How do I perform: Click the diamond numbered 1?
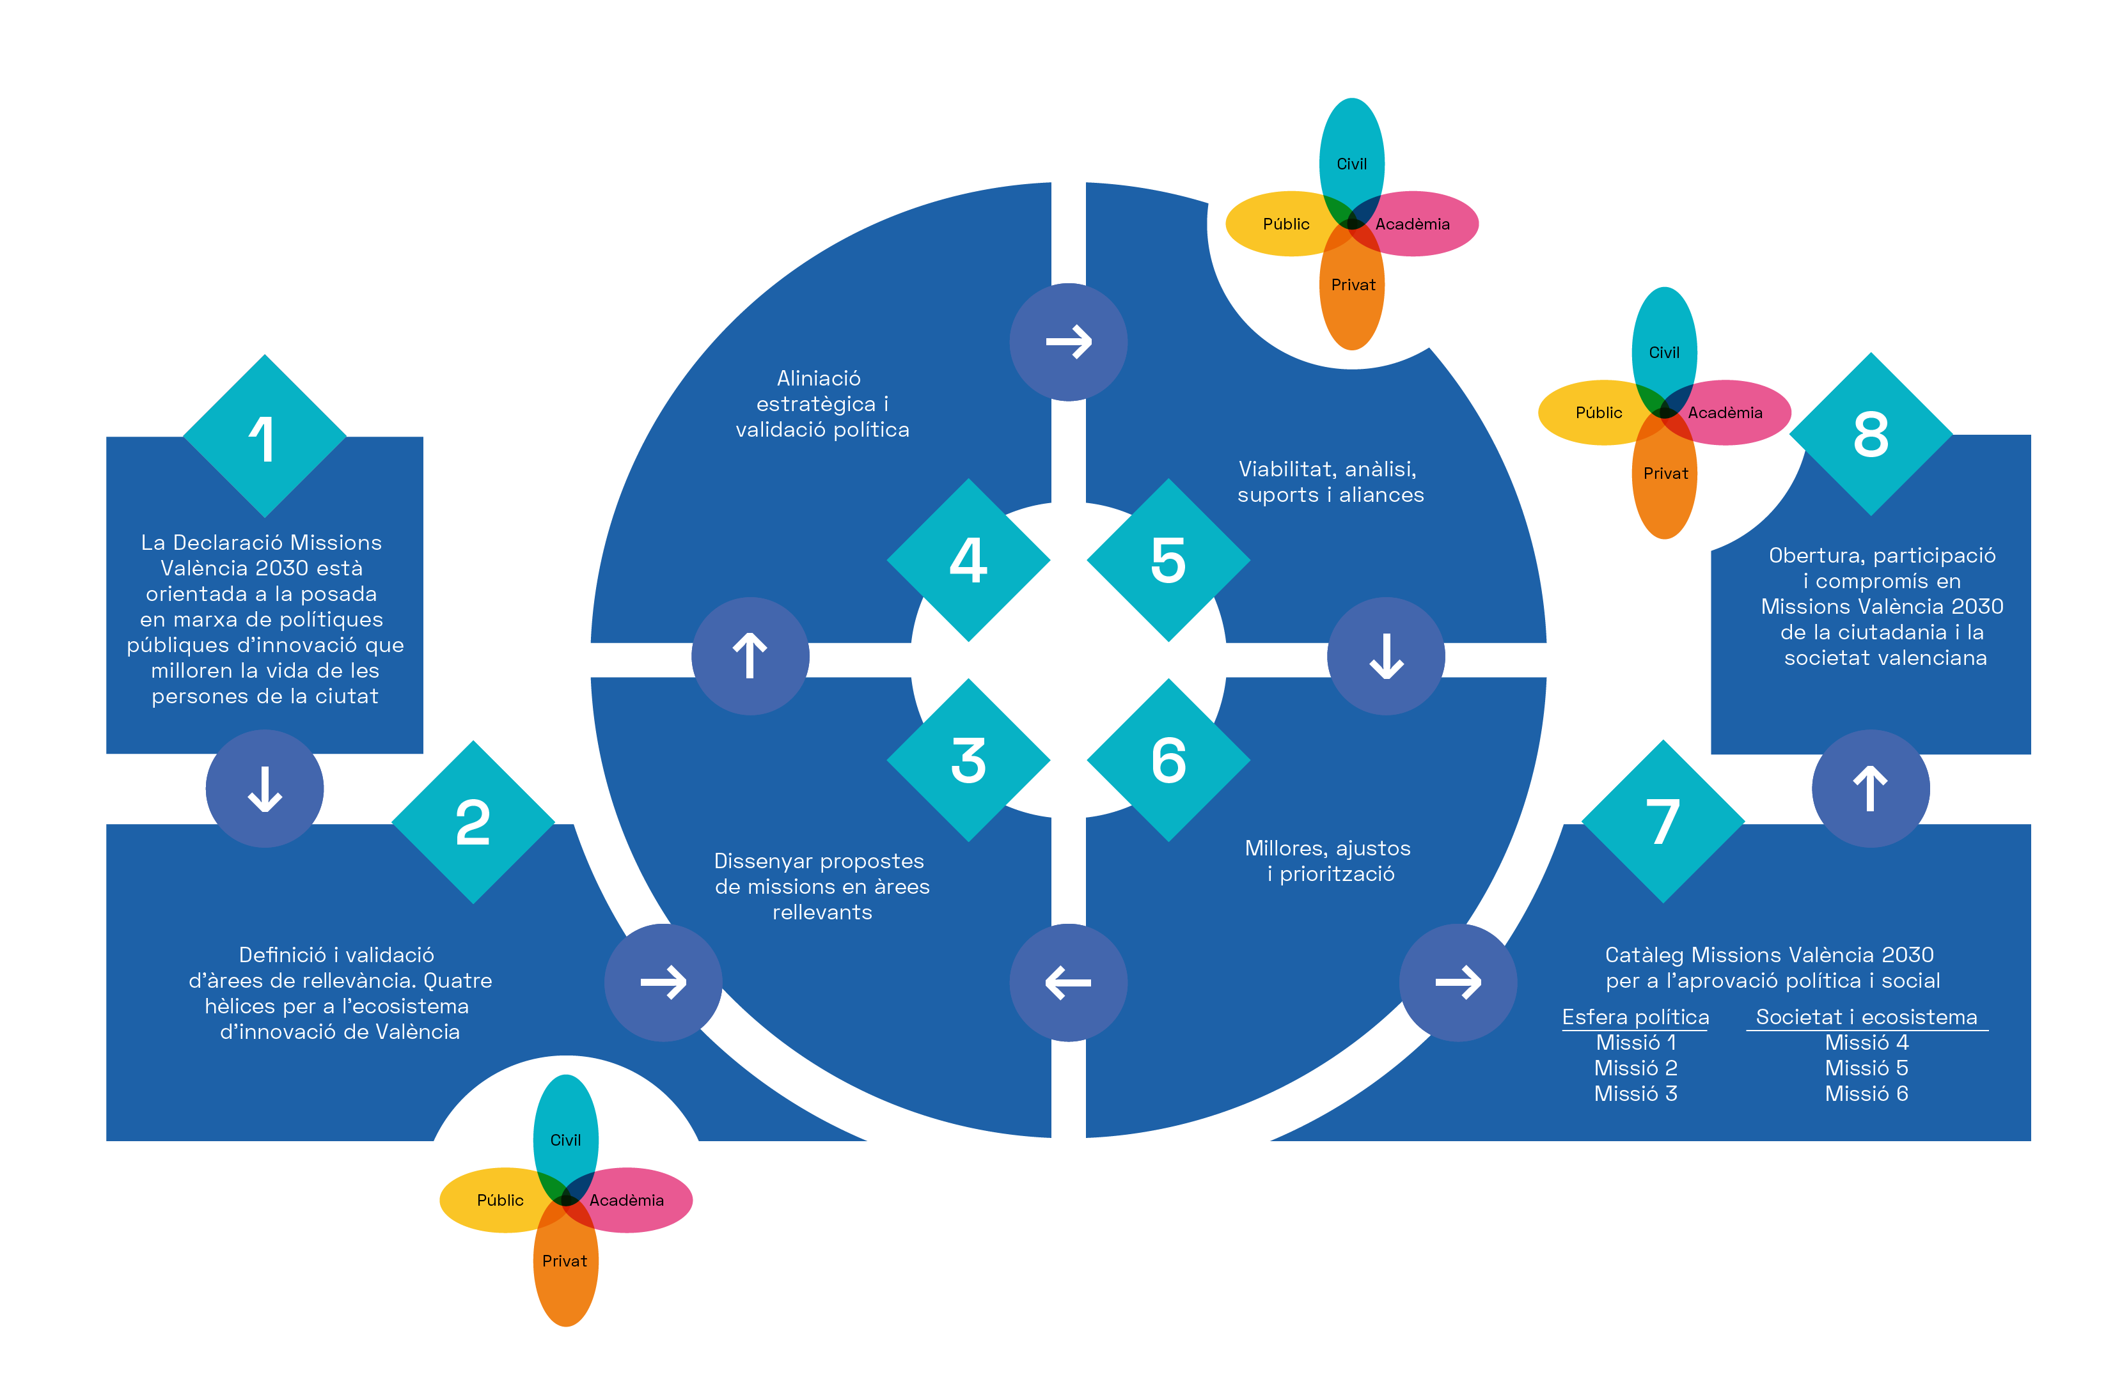point(264,436)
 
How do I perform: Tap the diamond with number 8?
point(1871,434)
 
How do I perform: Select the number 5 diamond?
point(1168,560)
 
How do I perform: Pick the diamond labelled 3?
point(968,760)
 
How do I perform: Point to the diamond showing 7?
point(1663,821)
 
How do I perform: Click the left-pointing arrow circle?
point(1068,983)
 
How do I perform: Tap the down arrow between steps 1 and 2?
point(265,789)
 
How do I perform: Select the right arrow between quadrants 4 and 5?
point(1068,342)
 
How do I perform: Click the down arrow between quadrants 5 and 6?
point(1385,656)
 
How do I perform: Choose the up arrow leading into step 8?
point(1871,789)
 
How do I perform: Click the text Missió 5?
point(1866,1068)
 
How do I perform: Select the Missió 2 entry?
point(1635,1068)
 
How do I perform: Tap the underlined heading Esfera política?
point(1635,1017)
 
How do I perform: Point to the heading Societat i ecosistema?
point(1866,1017)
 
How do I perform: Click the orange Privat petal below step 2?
point(565,1264)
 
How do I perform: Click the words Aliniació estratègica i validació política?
point(821,404)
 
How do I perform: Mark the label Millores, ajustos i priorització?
point(1328,861)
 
